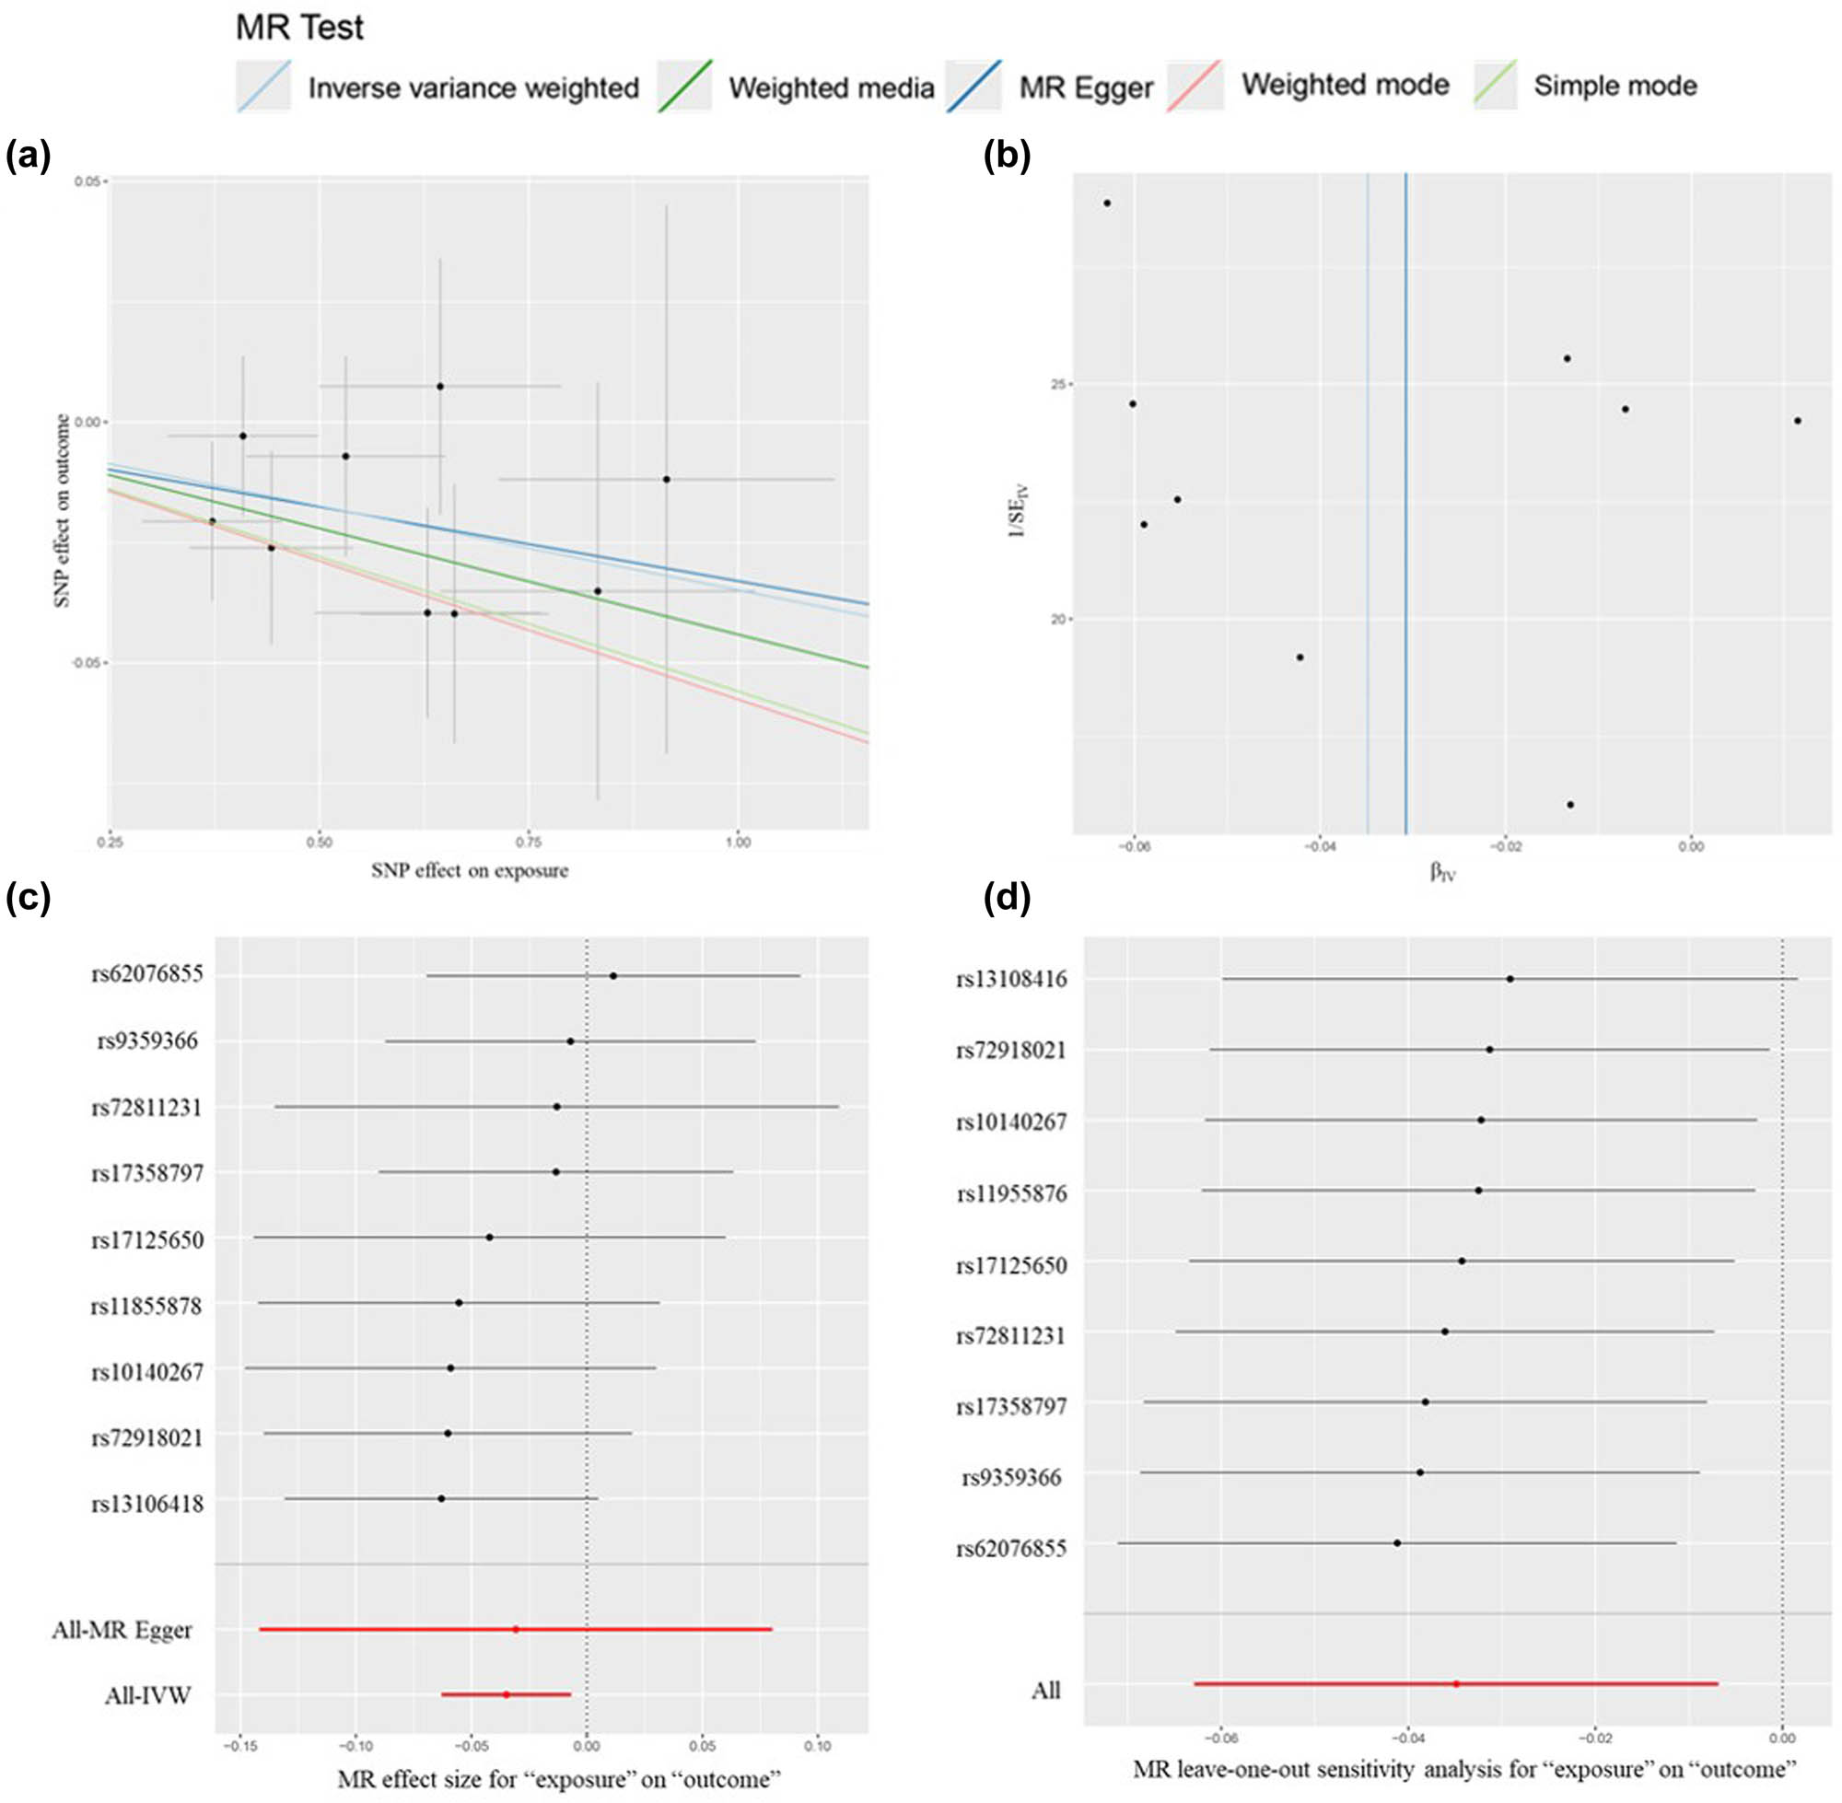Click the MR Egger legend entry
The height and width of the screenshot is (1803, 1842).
point(1085,88)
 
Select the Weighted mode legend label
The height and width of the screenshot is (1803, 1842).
point(1345,86)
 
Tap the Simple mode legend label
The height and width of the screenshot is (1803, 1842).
point(1615,87)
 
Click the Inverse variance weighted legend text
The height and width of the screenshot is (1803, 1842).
point(473,88)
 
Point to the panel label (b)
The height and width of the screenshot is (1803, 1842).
point(1007,155)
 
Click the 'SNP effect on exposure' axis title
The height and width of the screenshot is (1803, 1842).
point(470,870)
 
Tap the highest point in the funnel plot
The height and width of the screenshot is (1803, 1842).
point(1107,203)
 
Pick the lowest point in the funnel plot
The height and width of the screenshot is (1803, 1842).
point(1570,805)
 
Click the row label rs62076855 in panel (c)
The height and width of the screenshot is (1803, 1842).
point(146,974)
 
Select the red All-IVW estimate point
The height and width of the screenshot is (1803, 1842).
point(506,1694)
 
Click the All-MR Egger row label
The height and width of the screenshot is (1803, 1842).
point(122,1630)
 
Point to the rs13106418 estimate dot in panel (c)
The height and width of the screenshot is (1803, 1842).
point(441,1499)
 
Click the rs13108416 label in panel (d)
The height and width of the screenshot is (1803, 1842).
point(1011,979)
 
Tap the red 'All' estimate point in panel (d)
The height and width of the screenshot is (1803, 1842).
point(1456,1683)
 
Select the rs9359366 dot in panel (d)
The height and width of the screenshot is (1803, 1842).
point(1419,1472)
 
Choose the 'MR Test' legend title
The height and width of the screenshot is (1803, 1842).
point(299,29)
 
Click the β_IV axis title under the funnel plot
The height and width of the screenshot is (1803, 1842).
point(1442,872)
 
